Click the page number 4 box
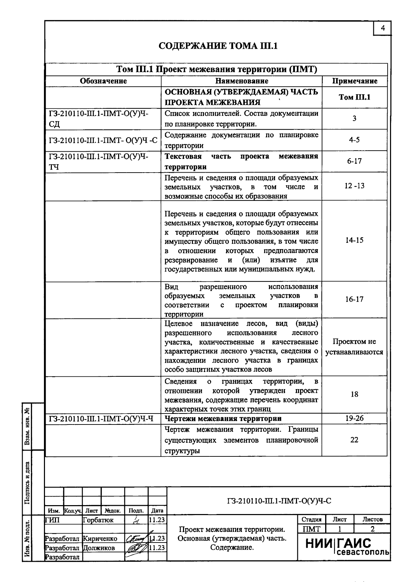(x=382, y=28)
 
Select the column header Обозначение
(x=103, y=81)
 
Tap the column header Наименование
(x=242, y=81)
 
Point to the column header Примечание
(x=354, y=81)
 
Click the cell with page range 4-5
(x=354, y=140)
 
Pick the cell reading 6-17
(x=354, y=161)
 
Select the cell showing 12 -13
(x=354, y=186)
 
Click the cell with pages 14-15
(x=354, y=240)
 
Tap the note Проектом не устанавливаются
(x=354, y=347)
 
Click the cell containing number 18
(x=354, y=394)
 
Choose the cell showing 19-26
(x=354, y=418)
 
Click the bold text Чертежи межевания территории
(x=223, y=419)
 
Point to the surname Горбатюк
(x=98, y=520)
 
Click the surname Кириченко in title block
(x=100, y=539)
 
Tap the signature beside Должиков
(x=135, y=548)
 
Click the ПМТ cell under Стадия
(x=311, y=529)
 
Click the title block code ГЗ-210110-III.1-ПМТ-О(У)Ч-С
(x=279, y=501)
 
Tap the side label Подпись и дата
(x=27, y=482)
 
